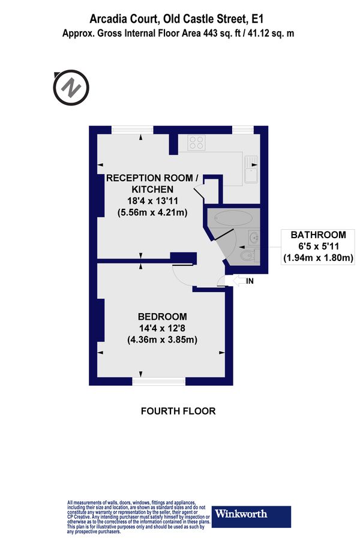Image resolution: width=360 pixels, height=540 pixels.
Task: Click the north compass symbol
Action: point(71,88)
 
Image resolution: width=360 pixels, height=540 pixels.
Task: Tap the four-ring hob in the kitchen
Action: point(196,143)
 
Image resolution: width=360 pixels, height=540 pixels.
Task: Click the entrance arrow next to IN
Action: point(238,280)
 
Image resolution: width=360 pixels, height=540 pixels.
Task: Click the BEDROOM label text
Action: point(162,317)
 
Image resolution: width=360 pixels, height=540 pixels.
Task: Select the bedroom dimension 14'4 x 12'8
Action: point(162,328)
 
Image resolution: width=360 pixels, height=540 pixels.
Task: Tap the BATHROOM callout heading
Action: point(318,235)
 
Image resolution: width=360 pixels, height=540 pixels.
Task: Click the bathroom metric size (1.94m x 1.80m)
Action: point(318,258)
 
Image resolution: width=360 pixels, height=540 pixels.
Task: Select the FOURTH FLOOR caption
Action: point(178,411)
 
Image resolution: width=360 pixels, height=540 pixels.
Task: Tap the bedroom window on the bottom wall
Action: point(159,381)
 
